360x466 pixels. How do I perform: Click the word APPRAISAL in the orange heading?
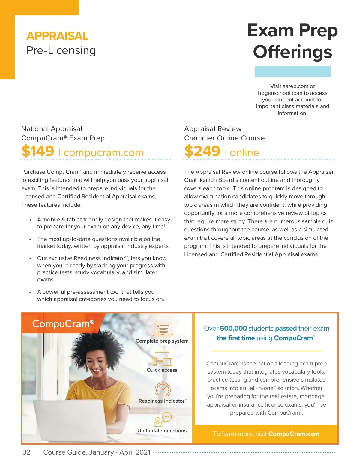pyautogui.click(x=57, y=36)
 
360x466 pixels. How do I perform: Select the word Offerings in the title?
pyautogui.click(x=292, y=52)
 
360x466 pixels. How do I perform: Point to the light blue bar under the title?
pyautogui.click(x=292, y=71)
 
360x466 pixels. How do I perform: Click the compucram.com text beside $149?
pyautogui.click(x=103, y=152)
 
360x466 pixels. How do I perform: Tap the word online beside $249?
pyautogui.click(x=244, y=152)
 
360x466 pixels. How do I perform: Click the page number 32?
pyautogui.click(x=26, y=452)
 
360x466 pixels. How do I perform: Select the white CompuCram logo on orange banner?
pyautogui.click(x=63, y=324)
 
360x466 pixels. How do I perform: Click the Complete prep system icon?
pyautogui.click(x=162, y=329)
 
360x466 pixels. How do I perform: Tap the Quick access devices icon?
pyautogui.click(x=162, y=359)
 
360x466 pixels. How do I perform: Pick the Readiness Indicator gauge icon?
pyautogui.click(x=163, y=389)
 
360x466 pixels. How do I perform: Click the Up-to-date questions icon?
pyautogui.click(x=162, y=419)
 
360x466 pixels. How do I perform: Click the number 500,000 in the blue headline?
pyautogui.click(x=233, y=328)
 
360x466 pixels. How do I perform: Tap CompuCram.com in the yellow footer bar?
pyautogui.click(x=294, y=434)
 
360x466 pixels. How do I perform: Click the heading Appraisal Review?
pyautogui.click(x=213, y=129)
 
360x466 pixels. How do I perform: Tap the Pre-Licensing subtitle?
pyautogui.click(x=61, y=50)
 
